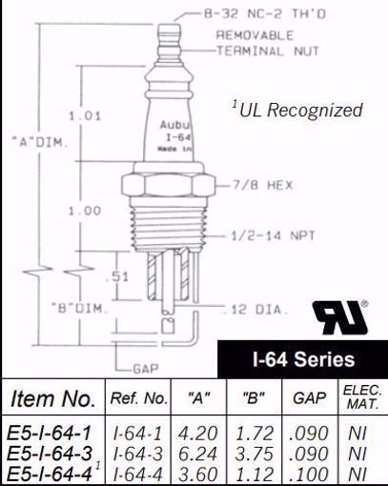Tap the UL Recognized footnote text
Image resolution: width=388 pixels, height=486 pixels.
click(x=297, y=110)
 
